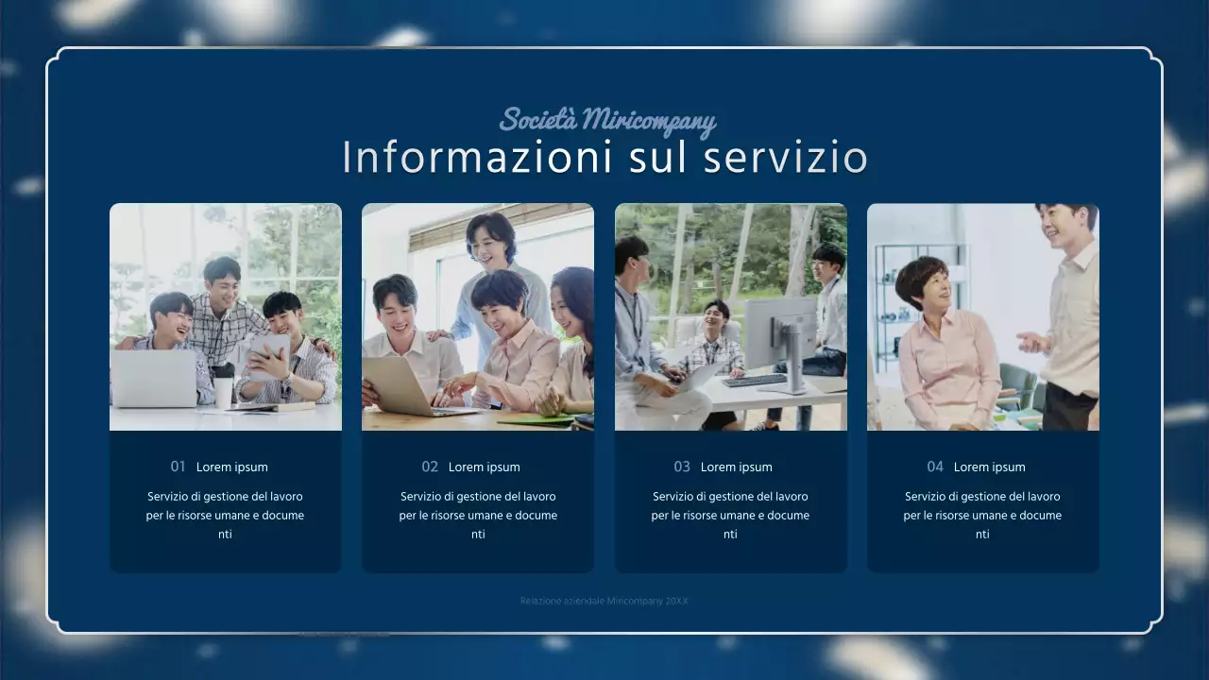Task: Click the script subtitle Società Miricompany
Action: pyautogui.click(x=607, y=121)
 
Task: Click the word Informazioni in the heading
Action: pyautogui.click(x=477, y=158)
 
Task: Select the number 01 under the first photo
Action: pyautogui.click(x=178, y=467)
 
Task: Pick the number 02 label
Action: pyautogui.click(x=430, y=467)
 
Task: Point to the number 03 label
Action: pyautogui.click(x=682, y=467)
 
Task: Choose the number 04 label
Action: pyautogui.click(x=935, y=467)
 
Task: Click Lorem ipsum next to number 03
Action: pyautogui.click(x=737, y=467)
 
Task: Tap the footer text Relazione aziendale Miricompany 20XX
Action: pyautogui.click(x=604, y=601)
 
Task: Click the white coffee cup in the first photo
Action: pyautogui.click(x=223, y=390)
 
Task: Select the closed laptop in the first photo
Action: pyautogui.click(x=154, y=379)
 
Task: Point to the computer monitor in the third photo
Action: pyautogui.click(x=780, y=333)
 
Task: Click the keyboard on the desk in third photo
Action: pyautogui.click(x=755, y=381)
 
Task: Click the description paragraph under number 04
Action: pyautogui.click(x=982, y=515)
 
